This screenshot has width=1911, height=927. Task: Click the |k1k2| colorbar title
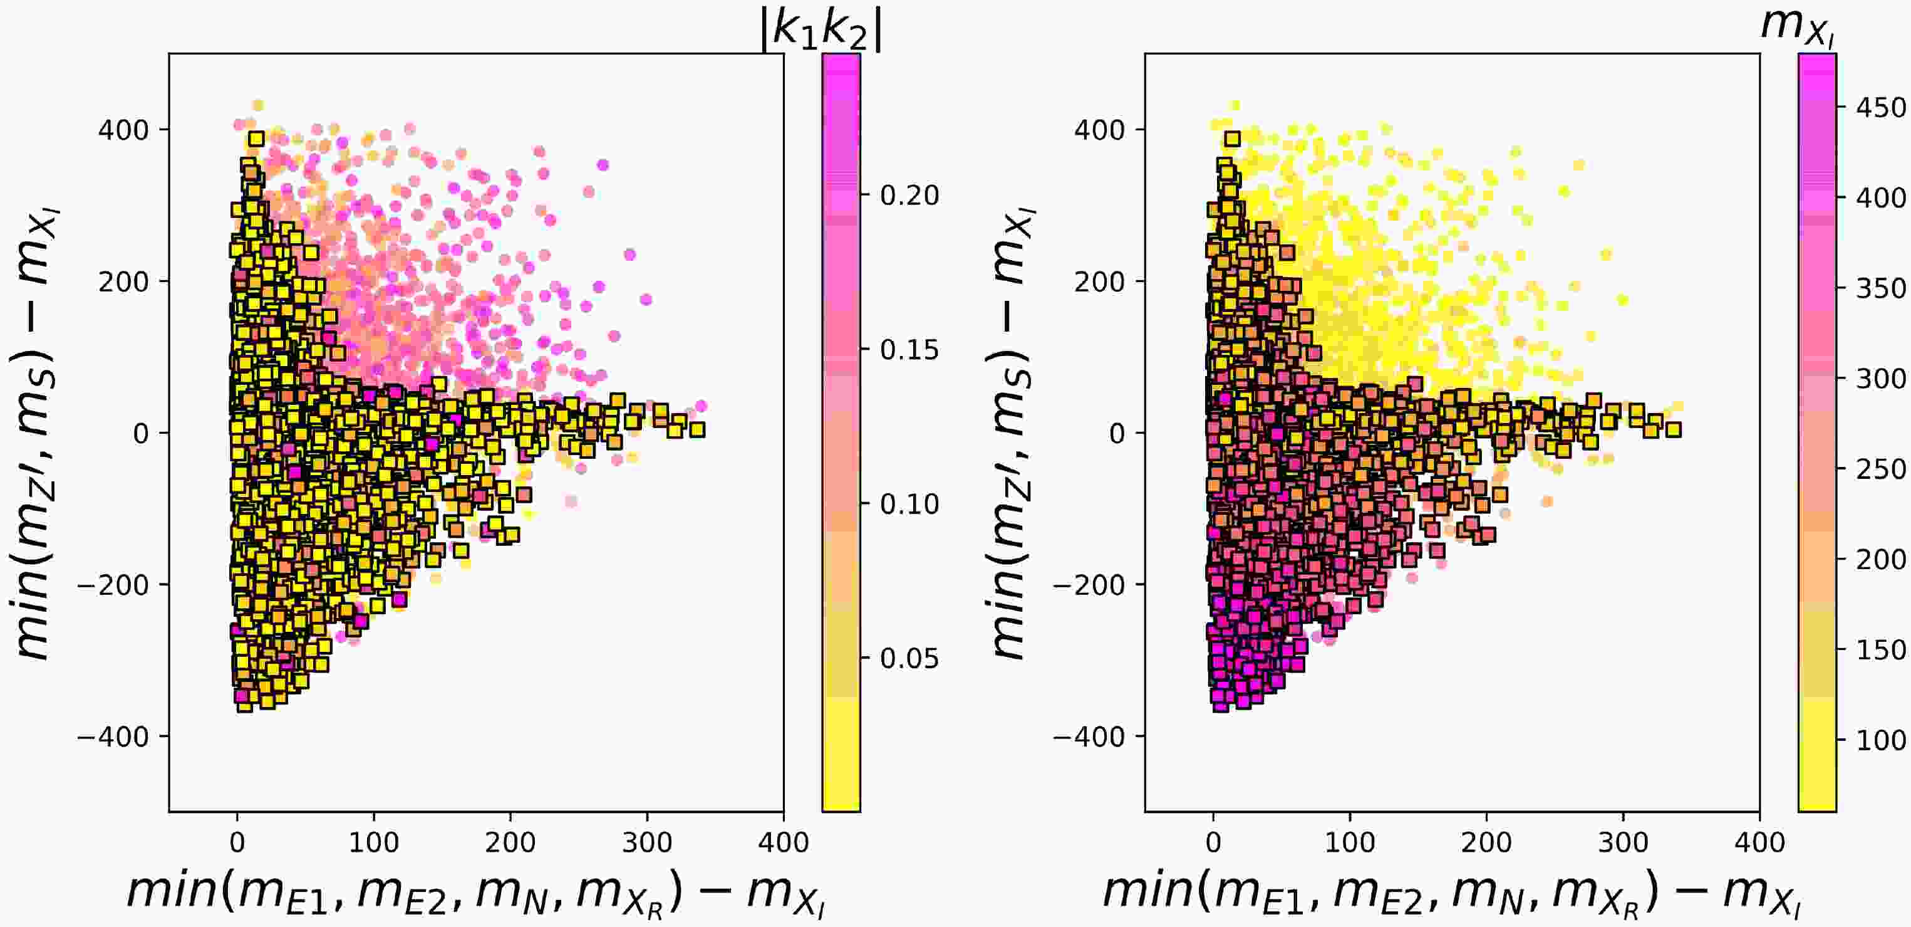click(821, 31)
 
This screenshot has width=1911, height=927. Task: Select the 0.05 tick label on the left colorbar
click(909, 658)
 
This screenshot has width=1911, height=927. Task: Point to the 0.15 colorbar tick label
click(909, 350)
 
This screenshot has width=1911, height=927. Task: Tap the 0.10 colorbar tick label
click(909, 504)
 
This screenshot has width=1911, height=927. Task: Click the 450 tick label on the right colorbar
click(1880, 108)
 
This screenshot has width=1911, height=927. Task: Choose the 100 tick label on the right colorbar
click(1880, 740)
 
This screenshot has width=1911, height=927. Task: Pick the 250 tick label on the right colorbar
click(1880, 469)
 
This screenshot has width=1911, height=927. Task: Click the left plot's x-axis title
click(475, 893)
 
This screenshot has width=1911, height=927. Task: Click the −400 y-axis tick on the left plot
click(113, 737)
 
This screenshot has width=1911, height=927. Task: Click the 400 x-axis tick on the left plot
click(784, 842)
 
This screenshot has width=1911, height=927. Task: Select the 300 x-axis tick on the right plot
click(1623, 842)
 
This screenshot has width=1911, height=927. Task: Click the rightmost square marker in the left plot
click(697, 429)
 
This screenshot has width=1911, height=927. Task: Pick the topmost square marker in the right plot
click(1232, 139)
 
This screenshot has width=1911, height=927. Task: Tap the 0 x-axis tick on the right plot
click(1213, 842)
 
